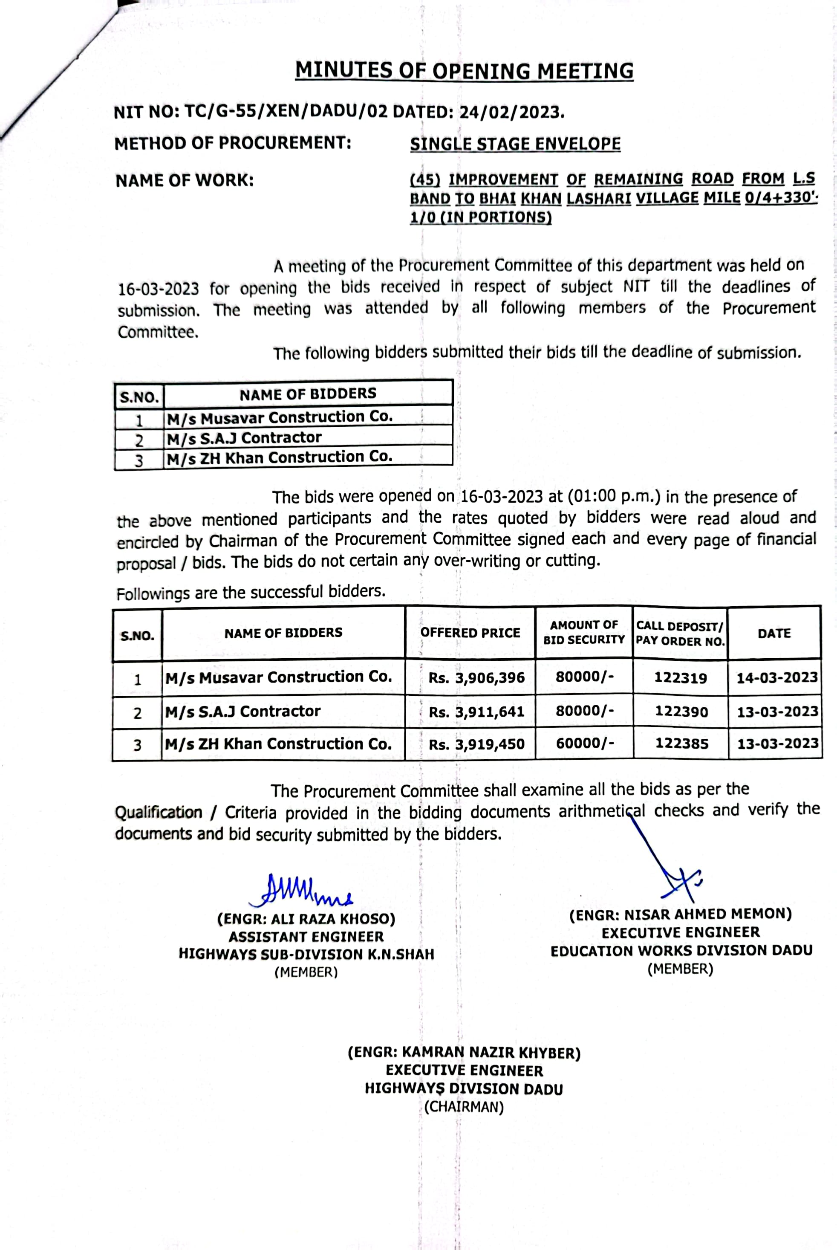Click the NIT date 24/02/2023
512,112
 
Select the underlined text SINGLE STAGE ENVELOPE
515,144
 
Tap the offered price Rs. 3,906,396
476,678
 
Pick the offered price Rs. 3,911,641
476,712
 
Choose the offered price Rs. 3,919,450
476,744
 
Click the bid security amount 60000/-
585,743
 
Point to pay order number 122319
681,678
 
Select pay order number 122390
681,712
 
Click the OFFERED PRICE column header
470,633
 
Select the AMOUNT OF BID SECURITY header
584,632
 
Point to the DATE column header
774,633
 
